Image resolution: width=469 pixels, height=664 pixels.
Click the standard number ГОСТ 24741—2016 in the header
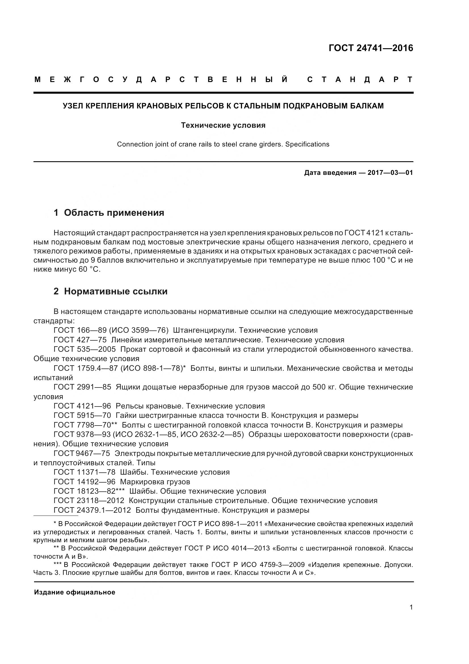(x=371, y=48)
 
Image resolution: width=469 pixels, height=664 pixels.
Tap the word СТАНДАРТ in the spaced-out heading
(x=360, y=79)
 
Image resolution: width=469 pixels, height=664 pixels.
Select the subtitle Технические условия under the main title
(x=223, y=125)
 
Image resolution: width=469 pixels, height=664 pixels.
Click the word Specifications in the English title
(x=307, y=144)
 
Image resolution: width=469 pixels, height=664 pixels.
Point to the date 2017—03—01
(x=390, y=173)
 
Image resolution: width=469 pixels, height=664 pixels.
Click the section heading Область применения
(x=114, y=213)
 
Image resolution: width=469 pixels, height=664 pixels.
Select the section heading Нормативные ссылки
(x=115, y=291)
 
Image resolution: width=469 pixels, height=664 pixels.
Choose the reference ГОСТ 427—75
(x=80, y=340)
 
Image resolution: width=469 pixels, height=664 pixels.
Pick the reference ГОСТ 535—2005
(x=85, y=349)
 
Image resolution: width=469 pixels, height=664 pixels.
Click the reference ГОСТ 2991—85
(x=82, y=387)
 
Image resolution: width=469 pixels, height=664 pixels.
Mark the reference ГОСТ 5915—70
(x=82, y=415)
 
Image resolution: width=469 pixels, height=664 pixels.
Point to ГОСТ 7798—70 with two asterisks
(x=85, y=425)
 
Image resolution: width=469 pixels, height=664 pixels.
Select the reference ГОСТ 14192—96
(x=85, y=482)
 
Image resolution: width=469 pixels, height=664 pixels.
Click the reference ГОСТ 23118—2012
(x=89, y=500)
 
